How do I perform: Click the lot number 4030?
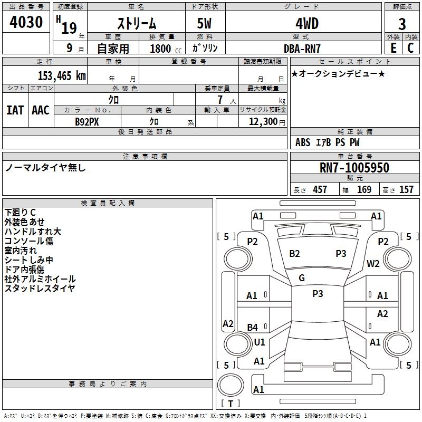(x=26, y=22)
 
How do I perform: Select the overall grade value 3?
(x=402, y=24)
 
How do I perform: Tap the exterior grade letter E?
(x=393, y=48)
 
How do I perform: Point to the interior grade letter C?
(x=410, y=48)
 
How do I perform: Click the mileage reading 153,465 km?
(x=62, y=76)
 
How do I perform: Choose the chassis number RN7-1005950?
(x=354, y=167)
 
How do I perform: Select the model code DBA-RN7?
(x=302, y=49)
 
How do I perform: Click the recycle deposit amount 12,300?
(x=263, y=122)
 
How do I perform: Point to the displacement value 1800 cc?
(x=166, y=49)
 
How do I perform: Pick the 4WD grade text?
(x=307, y=24)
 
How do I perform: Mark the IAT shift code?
(x=15, y=110)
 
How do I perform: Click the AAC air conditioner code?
(x=41, y=110)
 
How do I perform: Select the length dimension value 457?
(x=320, y=189)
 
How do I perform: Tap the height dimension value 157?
(x=406, y=189)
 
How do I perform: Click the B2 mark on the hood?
(x=294, y=254)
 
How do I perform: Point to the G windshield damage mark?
(x=302, y=278)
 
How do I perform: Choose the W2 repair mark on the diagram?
(x=373, y=263)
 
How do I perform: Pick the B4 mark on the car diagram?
(x=253, y=327)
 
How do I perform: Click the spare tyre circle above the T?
(x=231, y=385)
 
